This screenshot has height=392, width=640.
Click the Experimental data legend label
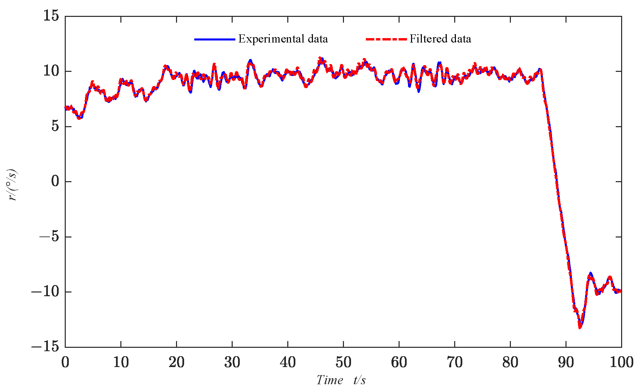(283, 39)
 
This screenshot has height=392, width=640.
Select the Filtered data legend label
(440, 39)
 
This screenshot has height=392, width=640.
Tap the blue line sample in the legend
(214, 39)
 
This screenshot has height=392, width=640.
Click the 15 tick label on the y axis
(51, 16)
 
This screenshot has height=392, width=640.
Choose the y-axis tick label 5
(55, 127)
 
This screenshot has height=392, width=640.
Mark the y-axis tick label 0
(55, 181)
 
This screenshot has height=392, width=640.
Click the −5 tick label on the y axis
(49, 237)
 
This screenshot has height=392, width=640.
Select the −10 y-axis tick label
(45, 292)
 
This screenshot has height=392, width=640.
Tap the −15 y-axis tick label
(45, 347)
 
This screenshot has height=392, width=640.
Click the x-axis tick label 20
(176, 362)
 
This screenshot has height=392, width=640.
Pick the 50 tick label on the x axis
(343, 362)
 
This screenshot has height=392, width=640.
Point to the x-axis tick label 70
(455, 362)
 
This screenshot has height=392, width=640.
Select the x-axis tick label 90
(566, 362)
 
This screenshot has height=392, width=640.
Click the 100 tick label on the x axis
(621, 362)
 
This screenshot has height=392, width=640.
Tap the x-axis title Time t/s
(341, 380)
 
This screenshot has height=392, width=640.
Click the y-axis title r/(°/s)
(14, 185)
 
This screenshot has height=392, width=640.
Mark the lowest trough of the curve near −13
(580, 327)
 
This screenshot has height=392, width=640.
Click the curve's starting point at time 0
(66, 108)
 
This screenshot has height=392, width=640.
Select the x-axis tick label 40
(288, 362)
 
